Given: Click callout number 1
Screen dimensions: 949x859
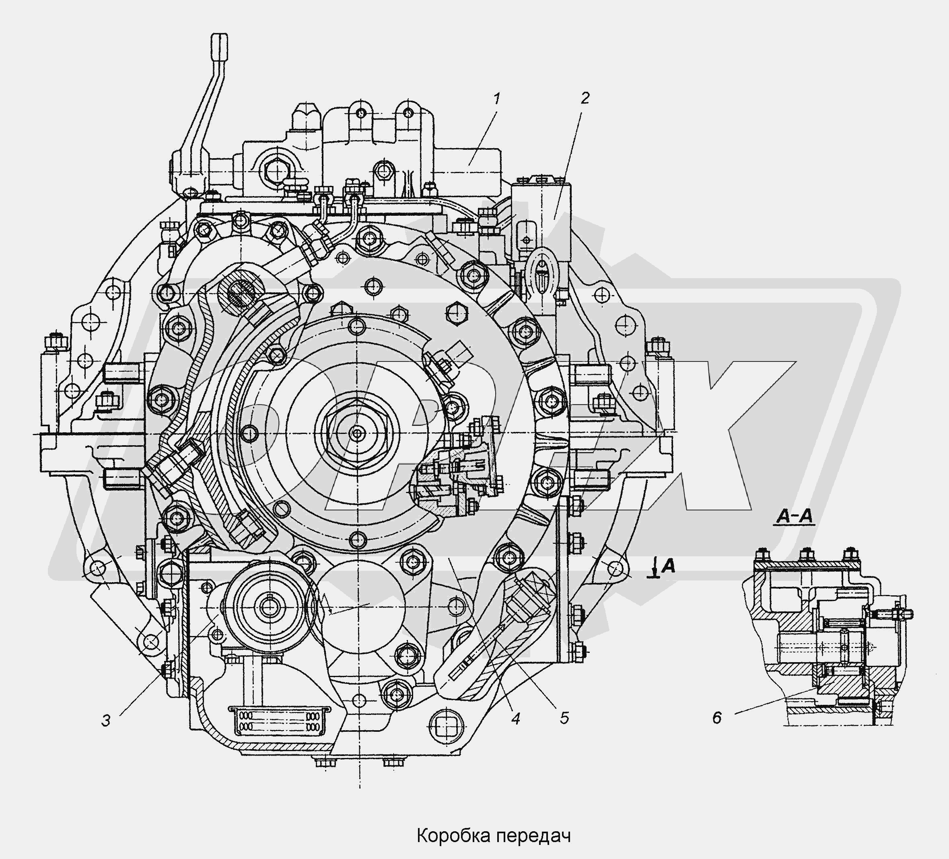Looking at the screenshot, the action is pyautogui.click(x=496, y=99).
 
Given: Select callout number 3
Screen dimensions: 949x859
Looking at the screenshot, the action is pyautogui.click(x=106, y=720).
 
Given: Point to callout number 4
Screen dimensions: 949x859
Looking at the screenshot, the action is pyautogui.click(x=515, y=719).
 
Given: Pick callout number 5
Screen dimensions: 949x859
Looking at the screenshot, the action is pyautogui.click(x=564, y=718).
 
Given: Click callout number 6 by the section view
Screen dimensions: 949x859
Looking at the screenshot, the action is pyautogui.click(x=716, y=718).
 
